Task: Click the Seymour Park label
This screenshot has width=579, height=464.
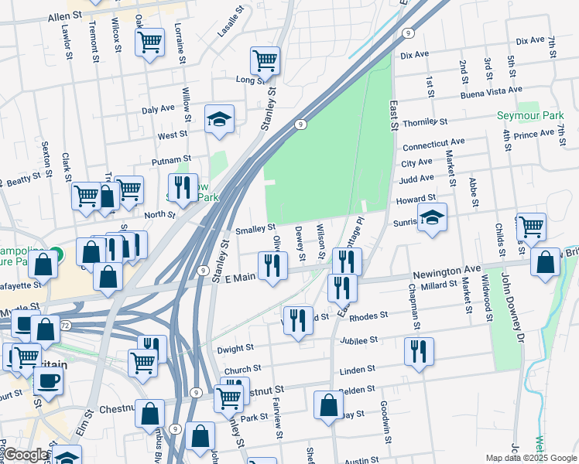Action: coord(530,116)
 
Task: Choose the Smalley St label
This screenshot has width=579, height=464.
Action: coord(255,229)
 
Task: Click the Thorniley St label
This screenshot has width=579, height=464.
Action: coord(424,122)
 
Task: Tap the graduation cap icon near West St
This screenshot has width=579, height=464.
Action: coord(219,119)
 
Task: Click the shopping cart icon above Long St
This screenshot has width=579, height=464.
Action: coord(265,60)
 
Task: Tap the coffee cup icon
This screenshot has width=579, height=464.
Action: coord(47,382)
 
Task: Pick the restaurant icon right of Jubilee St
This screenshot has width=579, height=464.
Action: coord(418,350)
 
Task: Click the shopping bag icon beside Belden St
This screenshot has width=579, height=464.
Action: coord(328,404)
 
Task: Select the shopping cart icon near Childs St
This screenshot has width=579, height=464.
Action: coord(530,227)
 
